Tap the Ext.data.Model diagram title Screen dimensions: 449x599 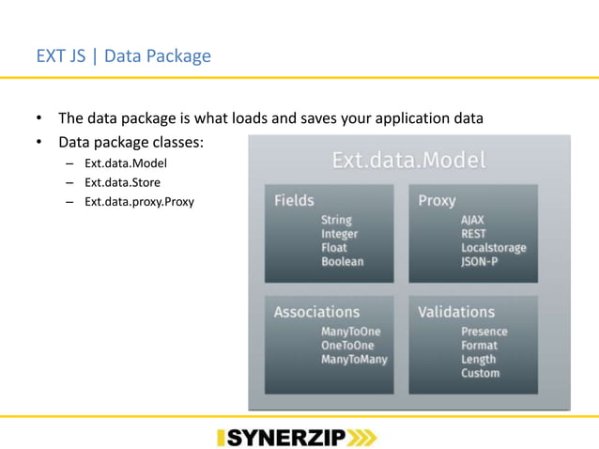409,161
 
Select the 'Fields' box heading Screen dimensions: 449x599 294,201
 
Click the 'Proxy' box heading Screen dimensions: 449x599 438,201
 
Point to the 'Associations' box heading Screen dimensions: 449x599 316,312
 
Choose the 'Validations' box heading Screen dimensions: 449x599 456,312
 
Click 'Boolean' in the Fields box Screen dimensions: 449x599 342,262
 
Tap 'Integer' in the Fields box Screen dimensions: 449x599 340,234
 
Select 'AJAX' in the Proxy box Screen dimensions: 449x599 473,220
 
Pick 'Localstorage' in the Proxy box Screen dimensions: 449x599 493,248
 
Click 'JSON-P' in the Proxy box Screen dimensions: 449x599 479,262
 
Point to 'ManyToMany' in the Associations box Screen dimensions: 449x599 354,359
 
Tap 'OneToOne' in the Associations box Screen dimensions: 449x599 346,345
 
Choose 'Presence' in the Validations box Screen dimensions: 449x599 484,332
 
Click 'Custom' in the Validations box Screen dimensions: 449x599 480,373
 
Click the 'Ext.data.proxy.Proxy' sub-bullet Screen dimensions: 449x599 139,200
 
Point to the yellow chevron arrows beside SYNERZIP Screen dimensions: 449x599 362,437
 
